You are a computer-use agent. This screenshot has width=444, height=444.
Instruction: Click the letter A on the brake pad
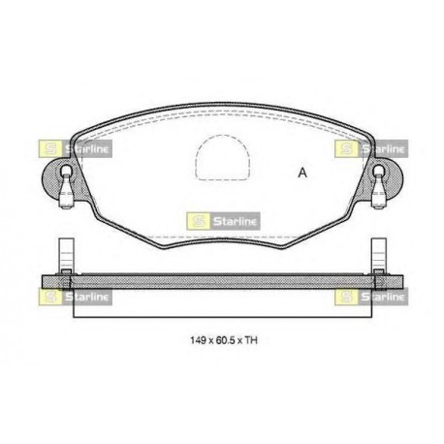[302, 173]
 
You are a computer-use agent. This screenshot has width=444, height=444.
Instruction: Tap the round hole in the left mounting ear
[66, 170]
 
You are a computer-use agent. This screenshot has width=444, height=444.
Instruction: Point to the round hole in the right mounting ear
[378, 170]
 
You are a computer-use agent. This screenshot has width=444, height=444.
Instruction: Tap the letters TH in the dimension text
[251, 340]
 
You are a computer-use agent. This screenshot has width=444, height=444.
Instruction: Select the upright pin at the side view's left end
[66, 256]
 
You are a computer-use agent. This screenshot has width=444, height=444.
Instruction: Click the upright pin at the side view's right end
[379, 256]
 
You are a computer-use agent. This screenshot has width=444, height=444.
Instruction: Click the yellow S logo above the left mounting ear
[49, 149]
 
